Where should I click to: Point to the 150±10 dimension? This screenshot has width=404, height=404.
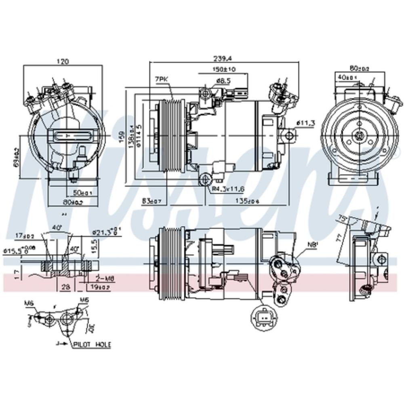[224, 69]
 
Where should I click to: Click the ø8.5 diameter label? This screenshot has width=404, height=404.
[223, 81]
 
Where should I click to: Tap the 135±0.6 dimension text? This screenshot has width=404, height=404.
[247, 200]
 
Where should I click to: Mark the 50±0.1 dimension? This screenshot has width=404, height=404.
[82, 193]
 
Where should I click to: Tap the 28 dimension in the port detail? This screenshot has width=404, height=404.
[65, 287]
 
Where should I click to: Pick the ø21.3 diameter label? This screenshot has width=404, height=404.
[103, 232]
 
